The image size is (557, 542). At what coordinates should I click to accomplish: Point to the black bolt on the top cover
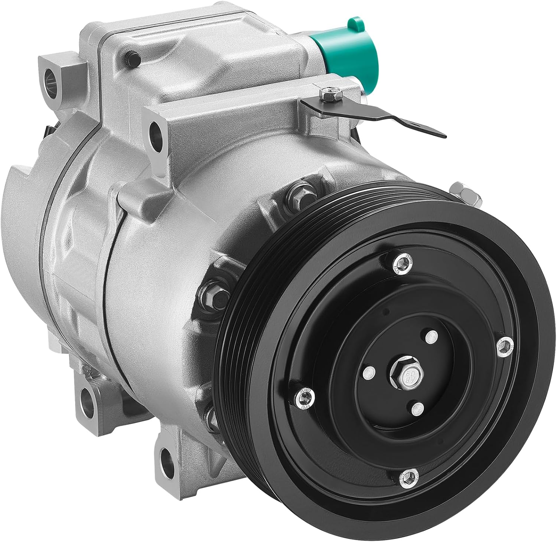pyautogui.click(x=133, y=58)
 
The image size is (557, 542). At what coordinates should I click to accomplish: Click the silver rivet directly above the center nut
pyautogui.click(x=431, y=337)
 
